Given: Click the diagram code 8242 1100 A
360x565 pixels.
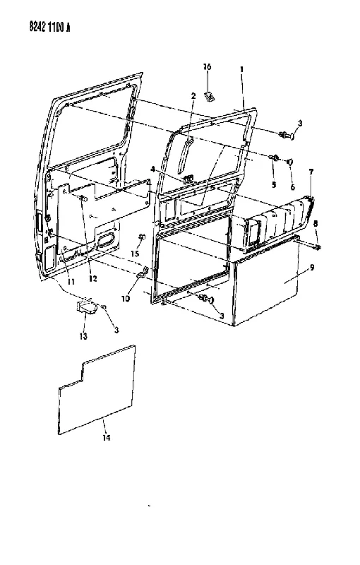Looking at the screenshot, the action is [49, 27].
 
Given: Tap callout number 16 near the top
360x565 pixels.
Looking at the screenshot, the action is [207, 66].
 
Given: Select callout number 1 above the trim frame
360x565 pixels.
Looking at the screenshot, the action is [242, 69].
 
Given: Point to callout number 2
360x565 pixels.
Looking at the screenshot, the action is [193, 95].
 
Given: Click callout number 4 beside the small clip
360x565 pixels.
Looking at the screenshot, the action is [152, 169].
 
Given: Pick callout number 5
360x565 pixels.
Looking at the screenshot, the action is [274, 185].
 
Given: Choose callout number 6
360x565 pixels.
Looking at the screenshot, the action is [292, 187].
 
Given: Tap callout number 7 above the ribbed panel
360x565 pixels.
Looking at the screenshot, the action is [311, 172].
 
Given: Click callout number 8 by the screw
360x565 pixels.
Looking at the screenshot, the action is [316, 223].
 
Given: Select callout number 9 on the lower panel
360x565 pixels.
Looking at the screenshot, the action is [312, 268].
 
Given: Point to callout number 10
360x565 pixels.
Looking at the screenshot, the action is [126, 299].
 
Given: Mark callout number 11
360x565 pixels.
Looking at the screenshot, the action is [71, 281].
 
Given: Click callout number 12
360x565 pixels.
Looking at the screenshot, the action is [93, 278].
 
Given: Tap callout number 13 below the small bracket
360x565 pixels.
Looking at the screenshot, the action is [83, 336].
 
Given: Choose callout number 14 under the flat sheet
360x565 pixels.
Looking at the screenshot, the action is [106, 438].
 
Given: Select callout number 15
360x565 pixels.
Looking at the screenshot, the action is [135, 254].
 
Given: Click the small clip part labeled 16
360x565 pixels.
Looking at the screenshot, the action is [209, 97].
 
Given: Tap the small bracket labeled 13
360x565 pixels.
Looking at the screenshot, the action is [86, 307].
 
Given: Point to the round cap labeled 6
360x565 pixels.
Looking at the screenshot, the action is [290, 162].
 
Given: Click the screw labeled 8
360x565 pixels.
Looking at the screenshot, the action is [316, 246].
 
